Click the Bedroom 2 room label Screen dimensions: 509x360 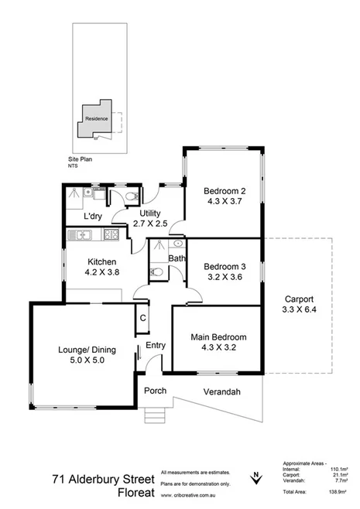pos(225,191)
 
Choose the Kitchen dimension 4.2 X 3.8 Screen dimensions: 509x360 pos(101,272)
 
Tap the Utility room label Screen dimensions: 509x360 pos(149,213)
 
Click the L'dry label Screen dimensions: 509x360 pos(94,217)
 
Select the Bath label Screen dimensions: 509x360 pos(177,258)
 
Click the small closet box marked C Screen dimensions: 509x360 pos(143,318)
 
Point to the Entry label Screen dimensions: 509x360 pos(156,346)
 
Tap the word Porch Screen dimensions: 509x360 pos(155,391)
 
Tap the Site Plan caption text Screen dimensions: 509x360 pos(80,158)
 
